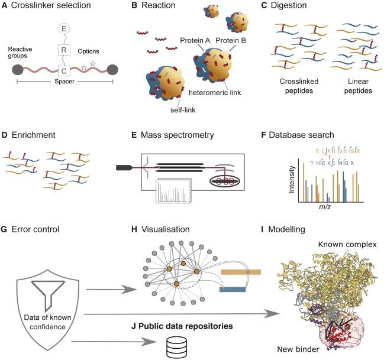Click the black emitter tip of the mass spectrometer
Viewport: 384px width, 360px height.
[124, 168]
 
